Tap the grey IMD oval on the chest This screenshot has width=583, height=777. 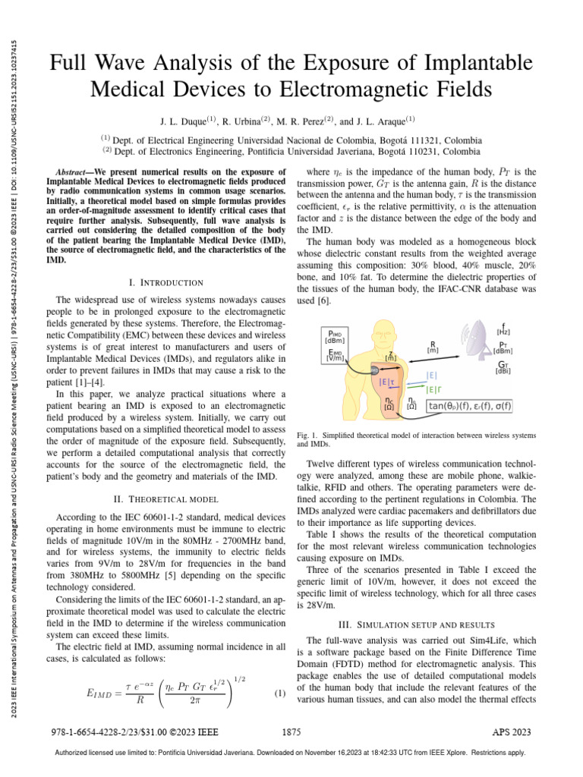[373, 370]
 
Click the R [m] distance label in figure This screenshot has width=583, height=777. [433, 347]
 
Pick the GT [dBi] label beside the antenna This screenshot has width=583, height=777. [502, 368]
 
